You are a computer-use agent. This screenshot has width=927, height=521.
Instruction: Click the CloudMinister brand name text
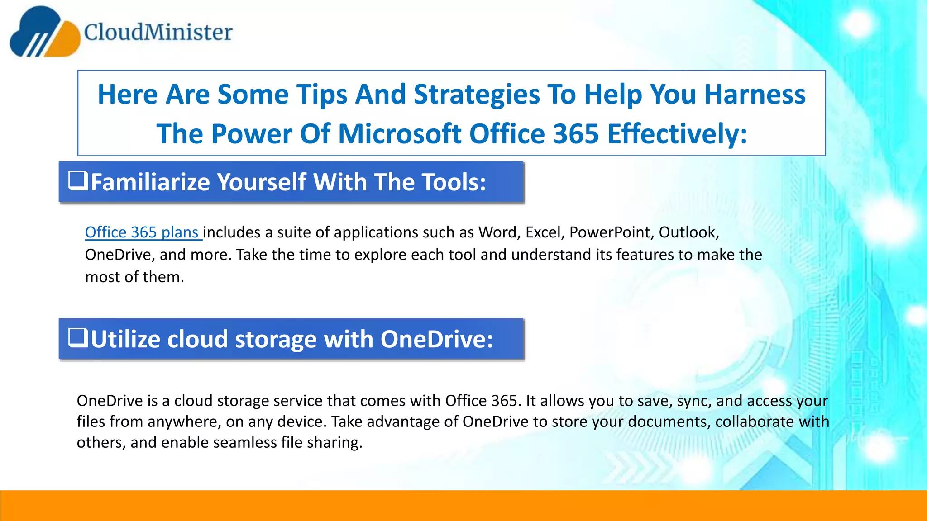click(x=158, y=32)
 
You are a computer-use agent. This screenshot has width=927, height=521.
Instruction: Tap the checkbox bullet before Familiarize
click(x=78, y=180)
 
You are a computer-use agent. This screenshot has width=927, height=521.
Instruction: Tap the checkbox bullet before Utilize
click(x=78, y=337)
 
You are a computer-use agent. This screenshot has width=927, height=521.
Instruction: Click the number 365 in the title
click(x=576, y=134)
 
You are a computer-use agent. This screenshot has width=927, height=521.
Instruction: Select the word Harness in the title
click(x=755, y=95)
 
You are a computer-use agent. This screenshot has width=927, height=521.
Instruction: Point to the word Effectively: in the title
click(x=677, y=134)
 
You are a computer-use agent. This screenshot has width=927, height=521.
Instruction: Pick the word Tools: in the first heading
click(x=454, y=182)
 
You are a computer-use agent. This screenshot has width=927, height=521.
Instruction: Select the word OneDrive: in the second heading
click(x=436, y=339)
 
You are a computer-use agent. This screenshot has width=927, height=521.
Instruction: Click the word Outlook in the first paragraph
click(x=688, y=232)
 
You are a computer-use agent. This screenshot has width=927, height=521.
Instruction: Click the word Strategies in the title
click(x=477, y=95)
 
